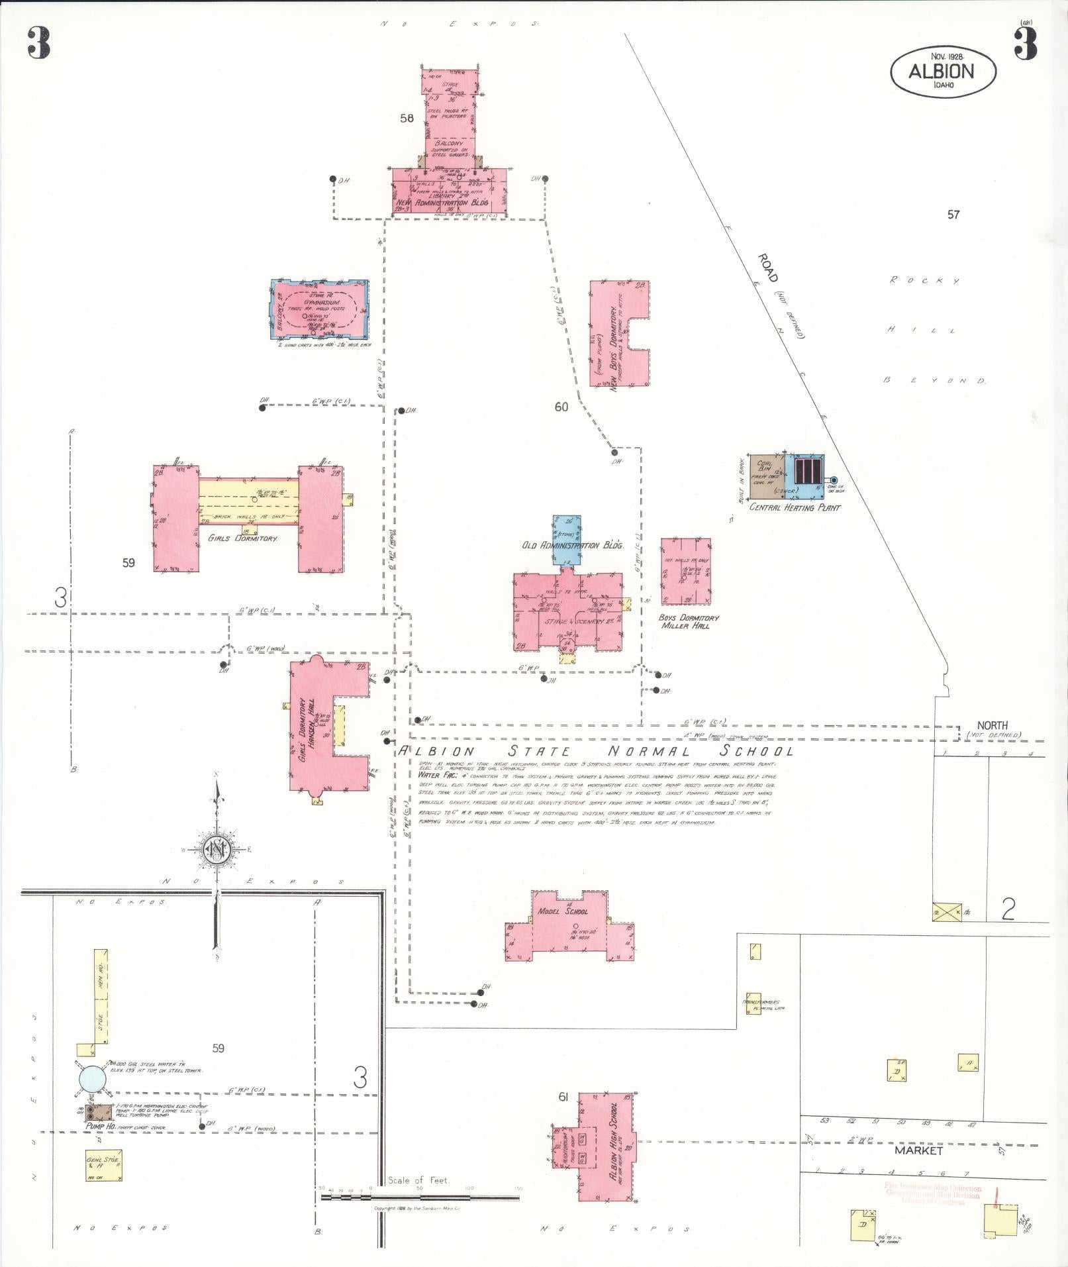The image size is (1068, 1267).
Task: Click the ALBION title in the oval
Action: click(x=942, y=71)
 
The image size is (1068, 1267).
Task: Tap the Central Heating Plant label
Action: click(x=794, y=507)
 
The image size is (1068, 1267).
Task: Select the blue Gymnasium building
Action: click(x=319, y=309)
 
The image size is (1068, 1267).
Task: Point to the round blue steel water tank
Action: click(x=92, y=1079)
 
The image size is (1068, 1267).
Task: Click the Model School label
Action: click(x=563, y=911)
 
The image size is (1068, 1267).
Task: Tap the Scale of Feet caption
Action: click(x=418, y=1180)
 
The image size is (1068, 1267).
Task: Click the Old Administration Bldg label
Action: click(x=573, y=545)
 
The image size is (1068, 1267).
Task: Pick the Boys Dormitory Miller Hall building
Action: click(x=685, y=571)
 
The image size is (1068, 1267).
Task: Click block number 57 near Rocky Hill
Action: click(x=953, y=215)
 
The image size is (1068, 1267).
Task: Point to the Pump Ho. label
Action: click(x=96, y=1125)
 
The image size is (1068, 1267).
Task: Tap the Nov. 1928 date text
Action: click(x=946, y=56)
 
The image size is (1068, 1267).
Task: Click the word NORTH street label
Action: click(x=992, y=726)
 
